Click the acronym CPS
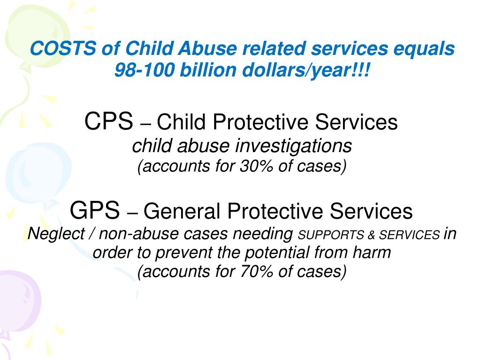(x=108, y=123)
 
